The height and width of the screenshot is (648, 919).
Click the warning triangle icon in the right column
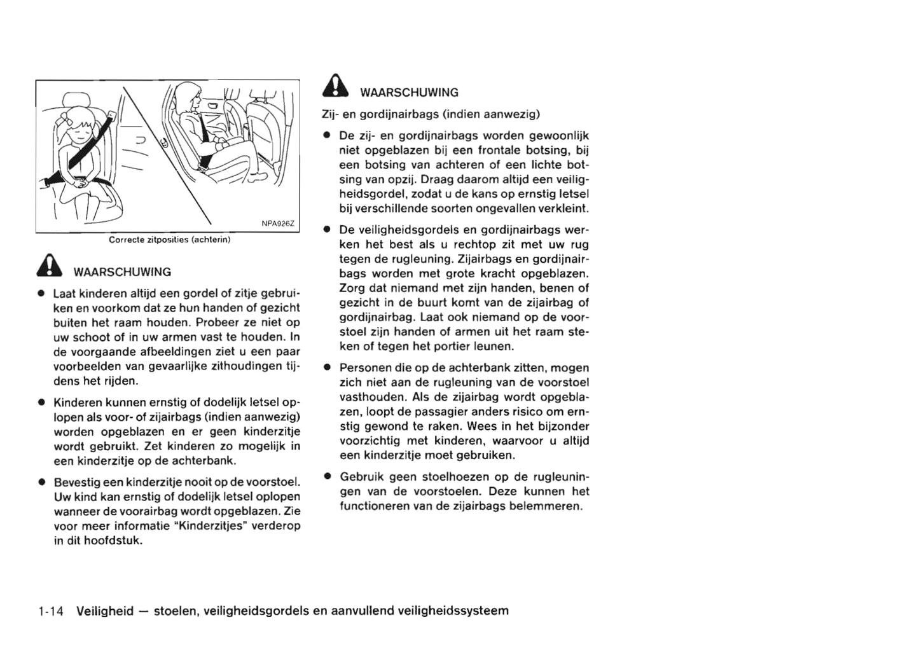[x=335, y=86]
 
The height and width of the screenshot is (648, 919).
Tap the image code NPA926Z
[x=278, y=223]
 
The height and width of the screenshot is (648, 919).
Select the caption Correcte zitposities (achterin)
[x=169, y=240]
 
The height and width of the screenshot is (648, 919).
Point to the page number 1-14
[x=51, y=611]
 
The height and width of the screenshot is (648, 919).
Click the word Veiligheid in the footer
[x=105, y=611]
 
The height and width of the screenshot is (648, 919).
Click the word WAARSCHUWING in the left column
[x=123, y=272]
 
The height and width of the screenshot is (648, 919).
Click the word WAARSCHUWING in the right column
[x=409, y=93]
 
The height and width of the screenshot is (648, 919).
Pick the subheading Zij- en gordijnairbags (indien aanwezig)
[x=430, y=114]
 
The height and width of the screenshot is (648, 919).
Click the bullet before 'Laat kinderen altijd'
[x=40, y=294]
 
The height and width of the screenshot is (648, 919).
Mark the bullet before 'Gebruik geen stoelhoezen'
[x=326, y=476]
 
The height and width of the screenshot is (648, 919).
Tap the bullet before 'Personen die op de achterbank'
[x=326, y=368]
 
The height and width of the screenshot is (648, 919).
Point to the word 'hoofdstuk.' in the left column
[x=115, y=541]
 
